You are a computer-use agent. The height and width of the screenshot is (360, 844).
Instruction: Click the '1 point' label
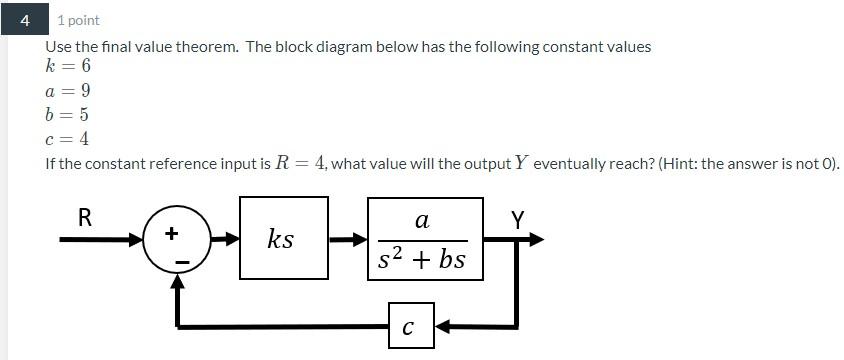pos(78,20)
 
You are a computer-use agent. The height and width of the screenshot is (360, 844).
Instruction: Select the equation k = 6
pos(68,66)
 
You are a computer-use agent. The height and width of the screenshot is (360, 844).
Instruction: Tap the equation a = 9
pos(68,90)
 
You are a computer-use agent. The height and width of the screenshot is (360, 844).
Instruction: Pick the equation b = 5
pos(68,114)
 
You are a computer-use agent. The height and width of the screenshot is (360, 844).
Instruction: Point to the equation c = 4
pos(68,139)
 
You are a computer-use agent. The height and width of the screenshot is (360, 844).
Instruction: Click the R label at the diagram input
pos(85,217)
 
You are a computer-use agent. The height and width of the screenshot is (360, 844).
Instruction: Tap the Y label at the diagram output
pos(518,219)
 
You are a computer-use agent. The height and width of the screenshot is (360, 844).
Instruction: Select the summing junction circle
pos(177,240)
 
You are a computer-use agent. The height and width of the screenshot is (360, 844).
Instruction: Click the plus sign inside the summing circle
pos(171,233)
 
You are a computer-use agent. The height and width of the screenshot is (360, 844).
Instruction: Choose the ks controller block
pos(283,238)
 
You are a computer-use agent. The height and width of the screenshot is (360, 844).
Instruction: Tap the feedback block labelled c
pos(410,325)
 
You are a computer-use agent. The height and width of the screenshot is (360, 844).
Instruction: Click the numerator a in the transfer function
pos(422,219)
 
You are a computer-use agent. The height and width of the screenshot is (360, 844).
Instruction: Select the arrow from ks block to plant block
pos(347,239)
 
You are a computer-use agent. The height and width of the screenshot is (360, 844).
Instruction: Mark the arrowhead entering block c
pos(443,325)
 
